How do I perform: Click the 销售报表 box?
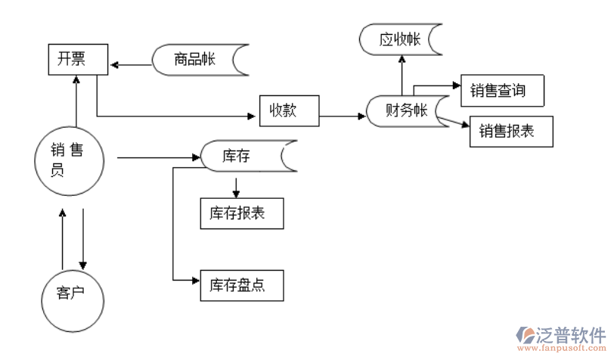(512, 131)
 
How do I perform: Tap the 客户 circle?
(72, 292)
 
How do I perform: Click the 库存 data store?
(243, 157)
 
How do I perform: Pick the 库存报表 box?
(242, 213)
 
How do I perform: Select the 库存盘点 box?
(242, 285)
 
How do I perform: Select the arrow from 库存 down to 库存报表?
(237, 186)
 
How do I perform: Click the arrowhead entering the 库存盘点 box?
(196, 281)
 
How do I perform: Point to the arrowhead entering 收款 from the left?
(254, 116)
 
